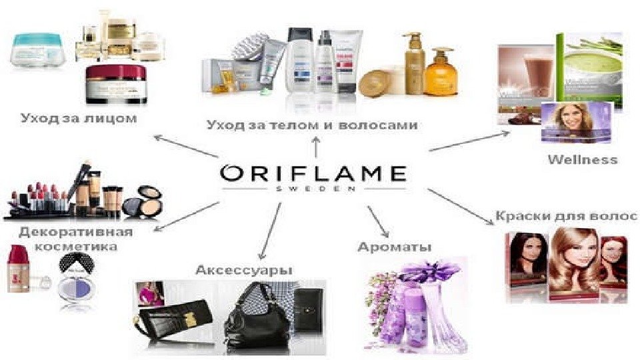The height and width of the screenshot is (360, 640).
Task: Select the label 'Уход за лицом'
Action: click(79, 119)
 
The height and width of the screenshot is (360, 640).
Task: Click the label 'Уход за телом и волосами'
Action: click(312, 125)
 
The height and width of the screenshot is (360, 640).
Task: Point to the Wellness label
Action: click(582, 159)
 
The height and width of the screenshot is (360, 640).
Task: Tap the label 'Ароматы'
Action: click(395, 247)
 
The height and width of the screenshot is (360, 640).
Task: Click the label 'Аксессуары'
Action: click(244, 269)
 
